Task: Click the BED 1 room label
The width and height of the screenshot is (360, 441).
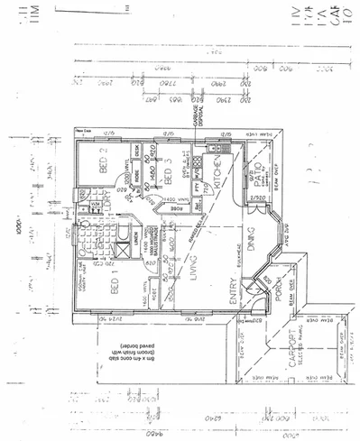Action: pyautogui.click(x=115, y=287)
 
